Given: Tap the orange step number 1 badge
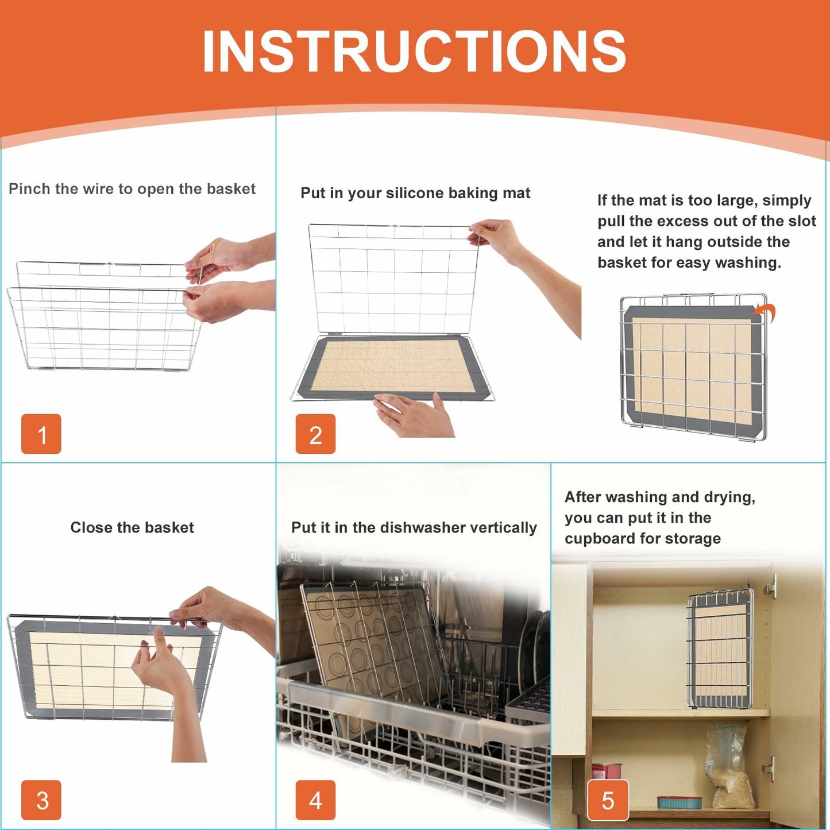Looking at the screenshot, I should pos(41,434).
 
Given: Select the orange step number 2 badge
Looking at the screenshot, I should pos(315,434).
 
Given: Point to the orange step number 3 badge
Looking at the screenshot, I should pos(41,800).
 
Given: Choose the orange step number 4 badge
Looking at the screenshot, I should pos(315,800).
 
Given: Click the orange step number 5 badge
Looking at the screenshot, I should pos(608,800).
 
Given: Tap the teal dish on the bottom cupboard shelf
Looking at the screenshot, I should pos(679,801).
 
